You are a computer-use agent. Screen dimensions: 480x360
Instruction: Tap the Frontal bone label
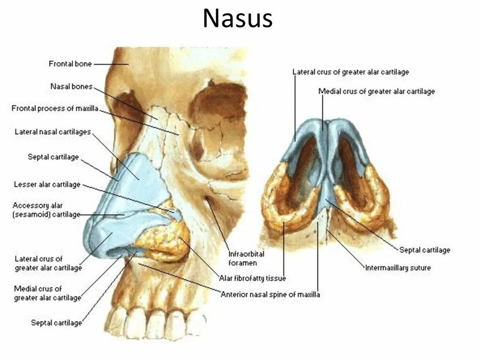[70, 63]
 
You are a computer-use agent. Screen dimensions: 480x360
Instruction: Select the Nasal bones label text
[71, 87]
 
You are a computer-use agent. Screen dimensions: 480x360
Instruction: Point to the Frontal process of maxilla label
[55, 109]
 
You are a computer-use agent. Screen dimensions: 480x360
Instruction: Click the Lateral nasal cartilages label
[52, 132]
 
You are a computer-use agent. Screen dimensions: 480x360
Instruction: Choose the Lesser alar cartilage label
[47, 184]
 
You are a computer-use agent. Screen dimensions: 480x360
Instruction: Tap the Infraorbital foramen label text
[246, 258]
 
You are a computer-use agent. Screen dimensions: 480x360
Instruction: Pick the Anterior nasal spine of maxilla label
[270, 294]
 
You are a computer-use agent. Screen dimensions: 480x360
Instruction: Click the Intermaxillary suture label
[397, 268]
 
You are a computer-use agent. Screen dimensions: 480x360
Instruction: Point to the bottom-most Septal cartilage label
[56, 322]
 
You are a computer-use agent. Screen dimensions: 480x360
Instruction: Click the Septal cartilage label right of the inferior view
[424, 250]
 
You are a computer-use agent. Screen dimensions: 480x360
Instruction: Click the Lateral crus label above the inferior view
[350, 72]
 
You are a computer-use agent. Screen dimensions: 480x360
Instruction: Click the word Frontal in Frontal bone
[60, 63]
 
